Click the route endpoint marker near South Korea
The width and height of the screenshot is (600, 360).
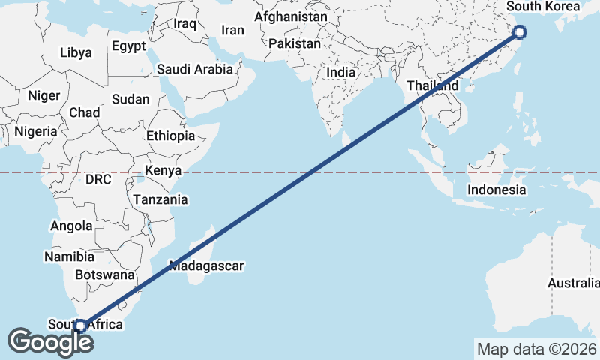[520, 31]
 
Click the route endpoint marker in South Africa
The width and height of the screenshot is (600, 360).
[80, 325]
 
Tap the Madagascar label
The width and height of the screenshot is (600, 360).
[207, 265]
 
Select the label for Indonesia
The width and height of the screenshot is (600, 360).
[496, 190]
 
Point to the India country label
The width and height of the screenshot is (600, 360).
[341, 73]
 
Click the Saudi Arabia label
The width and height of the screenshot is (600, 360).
[195, 69]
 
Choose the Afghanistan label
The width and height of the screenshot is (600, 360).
[291, 16]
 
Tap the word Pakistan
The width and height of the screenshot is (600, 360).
[294, 44]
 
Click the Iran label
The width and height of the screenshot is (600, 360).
[232, 31]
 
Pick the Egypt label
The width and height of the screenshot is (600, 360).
[129, 46]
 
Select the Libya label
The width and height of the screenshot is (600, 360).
[76, 53]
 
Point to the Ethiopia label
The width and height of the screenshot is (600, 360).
[170, 136]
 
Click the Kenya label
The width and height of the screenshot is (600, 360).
[163, 171]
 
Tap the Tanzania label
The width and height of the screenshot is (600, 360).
[160, 200]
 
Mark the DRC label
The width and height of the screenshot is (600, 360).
[98, 180]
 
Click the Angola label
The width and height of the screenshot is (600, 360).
[71, 226]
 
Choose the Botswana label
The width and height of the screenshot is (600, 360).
[104, 274]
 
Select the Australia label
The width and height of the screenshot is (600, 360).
[573, 283]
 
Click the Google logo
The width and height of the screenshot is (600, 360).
[50, 342]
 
